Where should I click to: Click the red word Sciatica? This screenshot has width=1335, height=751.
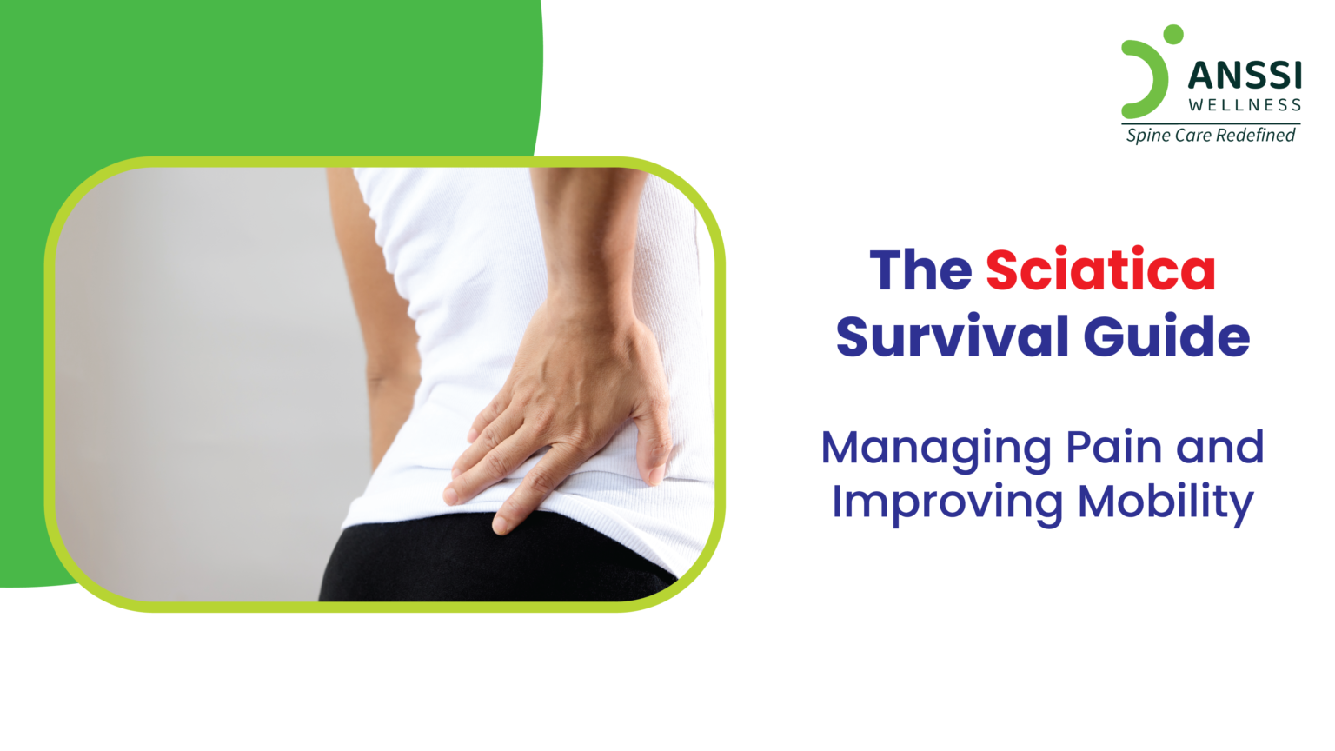pyautogui.click(x=1100, y=270)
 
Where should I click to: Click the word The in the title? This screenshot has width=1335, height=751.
pyautogui.click(x=920, y=270)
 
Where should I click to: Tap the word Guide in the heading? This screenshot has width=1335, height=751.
pyautogui.click(x=1166, y=336)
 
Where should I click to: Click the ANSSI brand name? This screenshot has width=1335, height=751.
pyautogui.click(x=1245, y=76)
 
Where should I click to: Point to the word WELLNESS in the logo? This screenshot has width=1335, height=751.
pyautogui.click(x=1245, y=105)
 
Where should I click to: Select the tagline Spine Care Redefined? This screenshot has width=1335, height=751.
pyautogui.click(x=1211, y=136)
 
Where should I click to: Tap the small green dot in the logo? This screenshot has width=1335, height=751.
pyautogui.click(x=1173, y=34)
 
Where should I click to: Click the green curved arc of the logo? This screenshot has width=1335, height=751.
pyautogui.click(x=1152, y=83)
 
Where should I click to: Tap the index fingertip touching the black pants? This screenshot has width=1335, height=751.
pyautogui.click(x=502, y=524)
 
